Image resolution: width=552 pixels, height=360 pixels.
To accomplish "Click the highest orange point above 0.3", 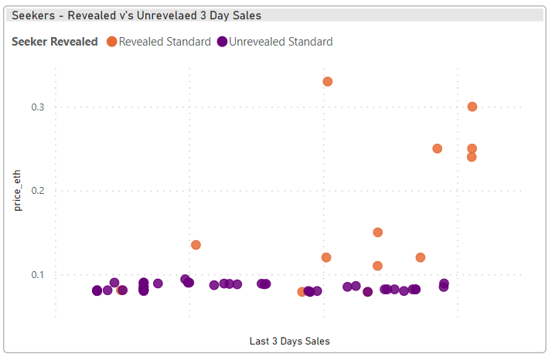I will [327, 81].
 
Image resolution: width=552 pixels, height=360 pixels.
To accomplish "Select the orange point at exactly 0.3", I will [472, 107].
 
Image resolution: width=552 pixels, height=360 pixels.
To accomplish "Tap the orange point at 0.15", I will [378, 232].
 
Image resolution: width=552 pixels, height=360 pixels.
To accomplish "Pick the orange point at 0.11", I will [378, 266].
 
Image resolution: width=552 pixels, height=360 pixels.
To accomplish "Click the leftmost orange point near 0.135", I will [196, 245].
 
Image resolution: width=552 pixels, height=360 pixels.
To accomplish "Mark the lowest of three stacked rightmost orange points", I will [472, 157].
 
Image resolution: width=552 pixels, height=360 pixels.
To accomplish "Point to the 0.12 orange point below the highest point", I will [326, 257].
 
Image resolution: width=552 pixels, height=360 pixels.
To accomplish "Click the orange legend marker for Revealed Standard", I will [111, 42].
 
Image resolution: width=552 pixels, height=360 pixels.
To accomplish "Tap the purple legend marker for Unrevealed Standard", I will [222, 42].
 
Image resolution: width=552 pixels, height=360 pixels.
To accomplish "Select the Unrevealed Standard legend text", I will [281, 42].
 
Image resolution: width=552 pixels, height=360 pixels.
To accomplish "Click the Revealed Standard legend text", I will [165, 42].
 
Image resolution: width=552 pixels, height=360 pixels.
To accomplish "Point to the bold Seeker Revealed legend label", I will [54, 42].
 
